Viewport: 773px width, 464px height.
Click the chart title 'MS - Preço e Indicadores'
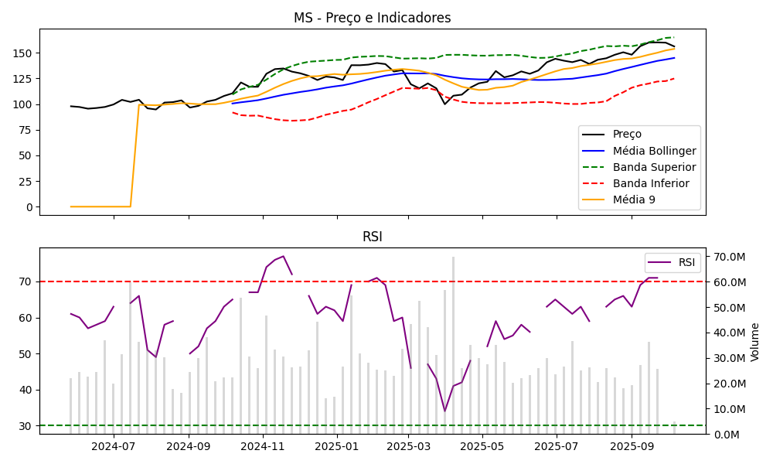tap(372, 18)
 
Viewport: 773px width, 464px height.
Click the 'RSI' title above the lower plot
tap(372, 237)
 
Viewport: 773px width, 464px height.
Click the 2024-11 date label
tap(263, 446)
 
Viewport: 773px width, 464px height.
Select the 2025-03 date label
tap(409, 446)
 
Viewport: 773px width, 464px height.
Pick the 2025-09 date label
tap(632, 446)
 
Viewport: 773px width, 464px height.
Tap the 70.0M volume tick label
tap(728, 257)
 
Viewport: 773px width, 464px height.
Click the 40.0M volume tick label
tap(728, 333)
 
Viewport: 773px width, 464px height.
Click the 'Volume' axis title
tap(755, 342)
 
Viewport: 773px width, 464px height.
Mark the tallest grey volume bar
tap(453, 345)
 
